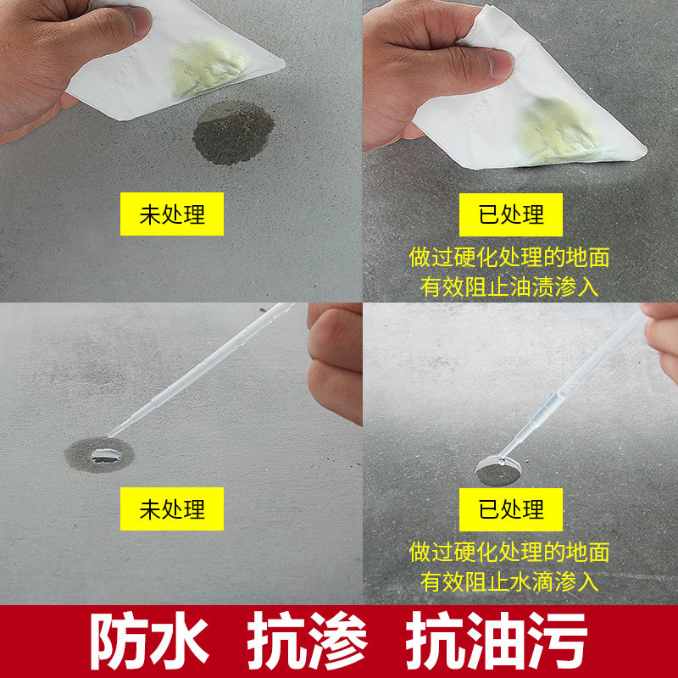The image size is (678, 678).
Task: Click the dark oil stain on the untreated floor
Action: click(233, 133)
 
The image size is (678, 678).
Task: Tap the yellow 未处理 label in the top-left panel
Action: click(172, 214)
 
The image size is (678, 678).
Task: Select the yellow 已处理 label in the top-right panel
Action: click(511, 215)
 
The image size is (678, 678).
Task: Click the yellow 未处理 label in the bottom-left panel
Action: click(172, 509)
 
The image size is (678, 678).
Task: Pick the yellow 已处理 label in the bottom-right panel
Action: click(511, 510)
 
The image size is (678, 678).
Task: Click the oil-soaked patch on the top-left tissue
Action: click(208, 68)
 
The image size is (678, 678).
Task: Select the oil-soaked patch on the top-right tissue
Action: click(559, 131)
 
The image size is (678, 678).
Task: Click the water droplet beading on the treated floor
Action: click(498, 470)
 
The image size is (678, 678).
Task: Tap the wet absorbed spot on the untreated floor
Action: click(99, 455)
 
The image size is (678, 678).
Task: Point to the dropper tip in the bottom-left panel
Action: click(110, 435)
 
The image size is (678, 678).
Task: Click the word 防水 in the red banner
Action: click(150, 640)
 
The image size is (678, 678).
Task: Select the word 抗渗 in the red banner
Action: click(308, 640)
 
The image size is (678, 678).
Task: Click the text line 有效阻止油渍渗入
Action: click(509, 286)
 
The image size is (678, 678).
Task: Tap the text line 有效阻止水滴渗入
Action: click(509, 581)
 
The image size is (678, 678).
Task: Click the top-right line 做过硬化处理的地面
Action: click(509, 258)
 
